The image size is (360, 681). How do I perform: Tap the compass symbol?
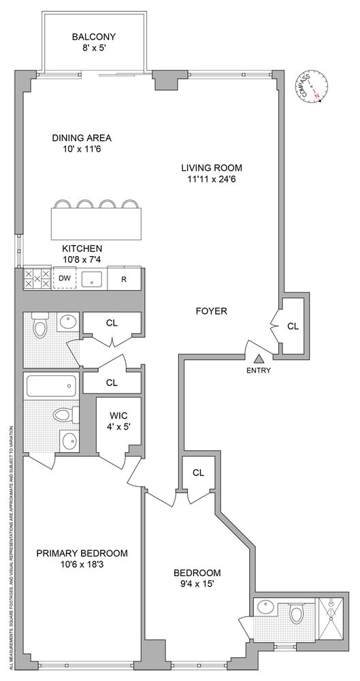(x=312, y=88)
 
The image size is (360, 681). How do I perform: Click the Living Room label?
(x=212, y=168)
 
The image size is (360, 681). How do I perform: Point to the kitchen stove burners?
(x=37, y=279)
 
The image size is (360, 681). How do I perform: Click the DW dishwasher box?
(x=65, y=278)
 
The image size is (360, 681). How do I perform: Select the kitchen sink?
(x=92, y=279)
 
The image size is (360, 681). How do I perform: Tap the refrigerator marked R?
(x=125, y=279)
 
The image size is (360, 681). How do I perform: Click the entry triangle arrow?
(x=259, y=359)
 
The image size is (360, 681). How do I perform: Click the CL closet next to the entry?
(x=293, y=326)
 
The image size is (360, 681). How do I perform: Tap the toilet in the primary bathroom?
(x=62, y=415)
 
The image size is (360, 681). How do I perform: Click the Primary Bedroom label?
(x=82, y=553)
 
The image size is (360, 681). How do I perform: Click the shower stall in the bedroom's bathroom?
(x=329, y=616)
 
